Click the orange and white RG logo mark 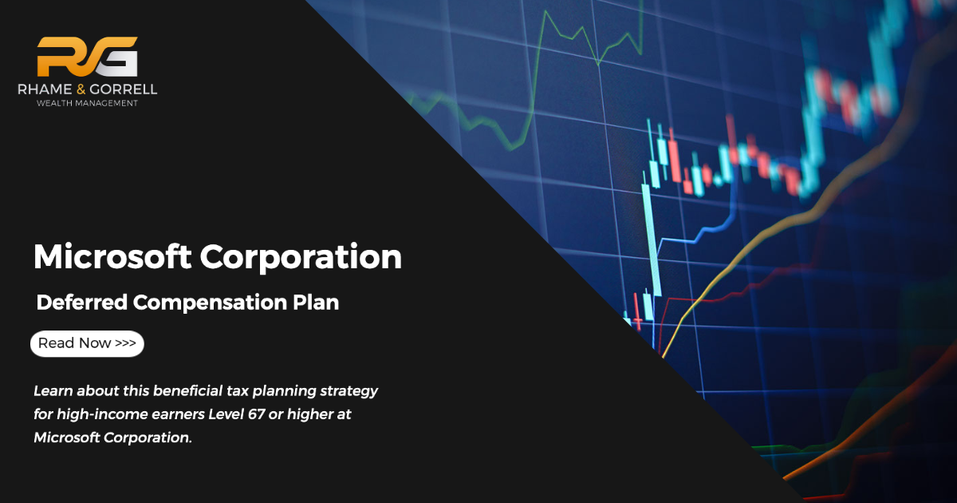tap(87, 57)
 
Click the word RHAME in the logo tap(45, 89)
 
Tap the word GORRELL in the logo tap(124, 89)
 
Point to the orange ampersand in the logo tap(81, 89)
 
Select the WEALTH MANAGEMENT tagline tap(87, 103)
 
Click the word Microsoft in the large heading tap(112, 256)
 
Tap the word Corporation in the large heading tap(301, 257)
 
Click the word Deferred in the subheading tap(82, 303)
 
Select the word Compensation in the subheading tap(210, 303)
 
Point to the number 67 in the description tap(256, 414)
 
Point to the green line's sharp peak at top tap(545, 11)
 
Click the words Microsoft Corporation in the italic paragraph tap(112, 438)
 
